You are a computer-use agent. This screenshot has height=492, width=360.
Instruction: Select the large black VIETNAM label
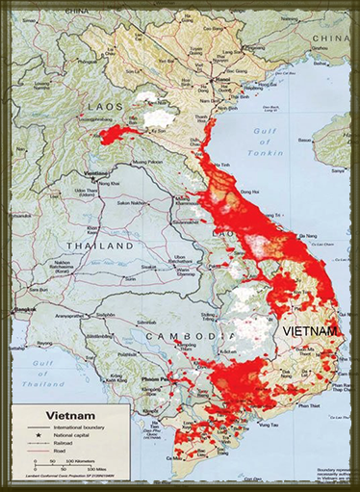tap(308, 330)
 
